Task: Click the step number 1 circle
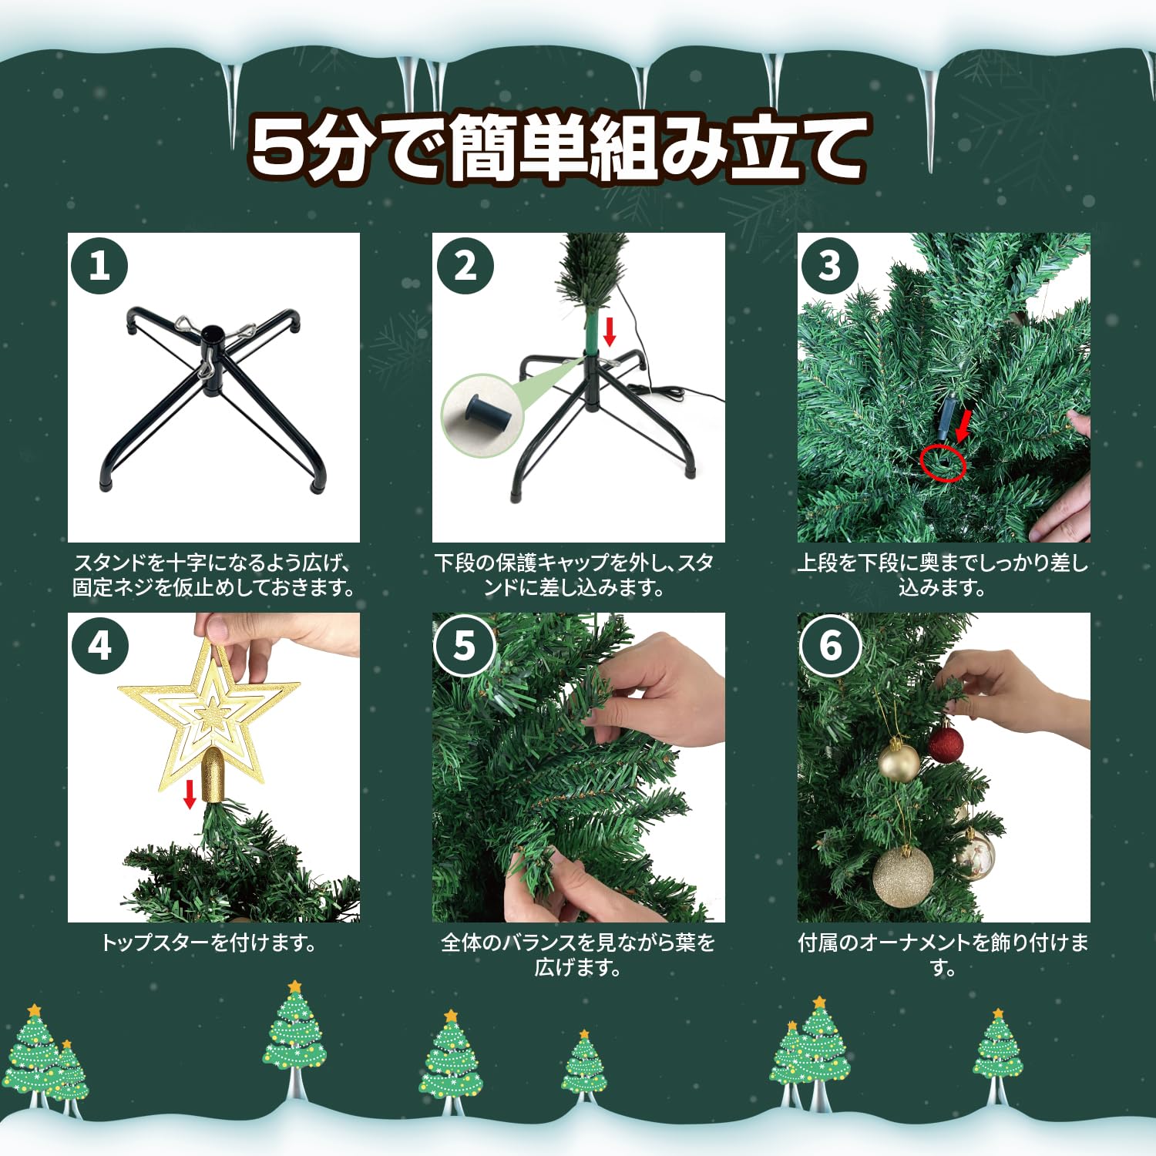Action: pyautogui.click(x=99, y=266)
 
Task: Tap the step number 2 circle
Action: pyautogui.click(x=465, y=266)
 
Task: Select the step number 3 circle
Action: pyautogui.click(x=829, y=266)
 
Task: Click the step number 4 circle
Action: pyautogui.click(x=99, y=646)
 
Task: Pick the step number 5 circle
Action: pyautogui.click(x=464, y=646)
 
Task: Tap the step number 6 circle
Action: pyautogui.click(x=830, y=646)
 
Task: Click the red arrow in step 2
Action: pyautogui.click(x=610, y=331)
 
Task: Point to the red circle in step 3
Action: pyautogui.click(x=943, y=462)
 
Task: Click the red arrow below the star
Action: pyautogui.click(x=190, y=794)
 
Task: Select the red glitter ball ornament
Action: pyautogui.click(x=945, y=744)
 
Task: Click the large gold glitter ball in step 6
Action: pyautogui.click(x=903, y=877)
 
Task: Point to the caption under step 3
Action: pyautogui.click(x=943, y=575)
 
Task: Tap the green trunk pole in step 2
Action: pyautogui.click(x=591, y=331)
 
